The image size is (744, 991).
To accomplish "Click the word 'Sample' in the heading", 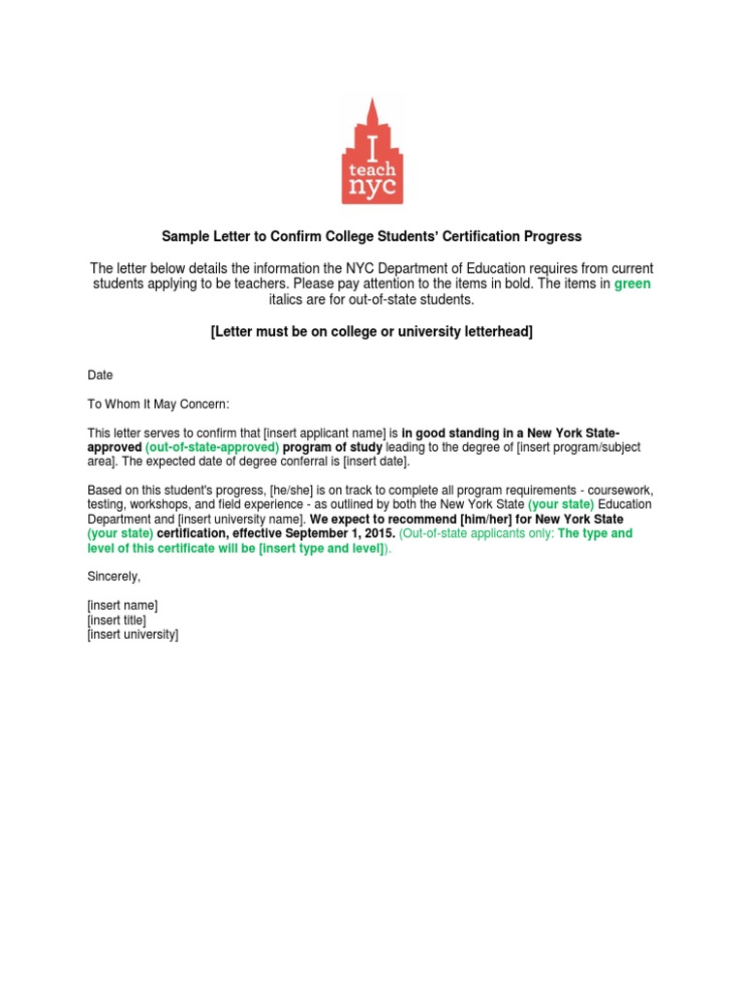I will pos(185,236).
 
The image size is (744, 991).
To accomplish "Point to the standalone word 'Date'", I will pos(101,375).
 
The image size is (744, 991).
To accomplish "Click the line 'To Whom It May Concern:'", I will pos(158,404).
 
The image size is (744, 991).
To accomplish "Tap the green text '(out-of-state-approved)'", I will pos(212,448).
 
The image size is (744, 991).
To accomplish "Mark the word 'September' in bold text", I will pos(313,533).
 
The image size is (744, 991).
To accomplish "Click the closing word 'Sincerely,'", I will pos(114,576).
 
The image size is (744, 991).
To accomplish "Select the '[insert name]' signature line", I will pos(123,606).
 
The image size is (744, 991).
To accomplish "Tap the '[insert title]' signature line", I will pos(117,620).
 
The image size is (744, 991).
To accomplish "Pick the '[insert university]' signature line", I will pos(134,635).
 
